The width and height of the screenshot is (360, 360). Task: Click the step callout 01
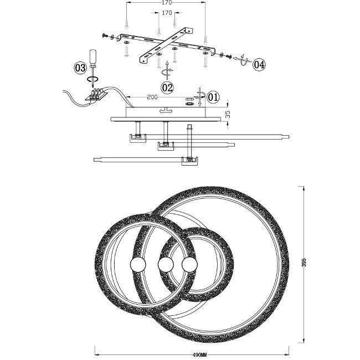tap(213, 97)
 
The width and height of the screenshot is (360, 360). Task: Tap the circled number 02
tap(167, 88)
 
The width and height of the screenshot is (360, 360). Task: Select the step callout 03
tap(80, 68)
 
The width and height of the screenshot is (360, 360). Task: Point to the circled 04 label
tap(259, 64)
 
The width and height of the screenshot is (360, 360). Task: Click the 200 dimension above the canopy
tap(152, 97)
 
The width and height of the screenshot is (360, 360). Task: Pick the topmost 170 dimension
tap(167, 3)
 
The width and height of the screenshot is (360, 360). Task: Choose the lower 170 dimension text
tap(167, 13)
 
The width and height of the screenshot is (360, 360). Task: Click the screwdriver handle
tap(92, 58)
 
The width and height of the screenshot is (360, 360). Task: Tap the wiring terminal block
tap(97, 95)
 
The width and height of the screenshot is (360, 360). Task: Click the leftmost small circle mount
tap(138, 265)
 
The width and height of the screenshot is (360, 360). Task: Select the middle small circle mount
tap(166, 265)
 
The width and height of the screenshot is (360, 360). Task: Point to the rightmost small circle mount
tap(189, 265)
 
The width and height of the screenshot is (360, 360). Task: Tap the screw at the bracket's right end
tap(228, 56)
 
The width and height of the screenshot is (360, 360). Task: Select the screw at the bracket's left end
tap(105, 35)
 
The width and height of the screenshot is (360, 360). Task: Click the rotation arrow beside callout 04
tap(243, 60)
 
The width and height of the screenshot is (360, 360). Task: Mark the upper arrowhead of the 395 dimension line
tap(304, 188)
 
